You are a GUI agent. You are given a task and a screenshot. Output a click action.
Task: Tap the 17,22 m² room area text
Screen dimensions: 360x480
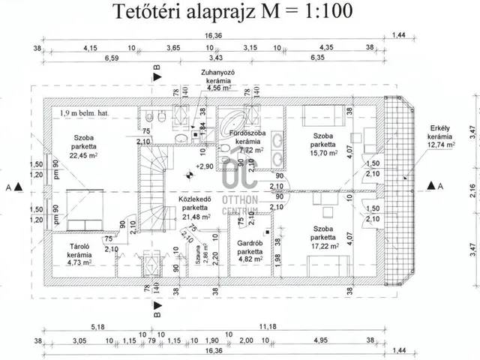tap(323, 245)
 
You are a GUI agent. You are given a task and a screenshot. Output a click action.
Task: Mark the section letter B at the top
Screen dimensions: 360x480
tap(156, 68)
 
